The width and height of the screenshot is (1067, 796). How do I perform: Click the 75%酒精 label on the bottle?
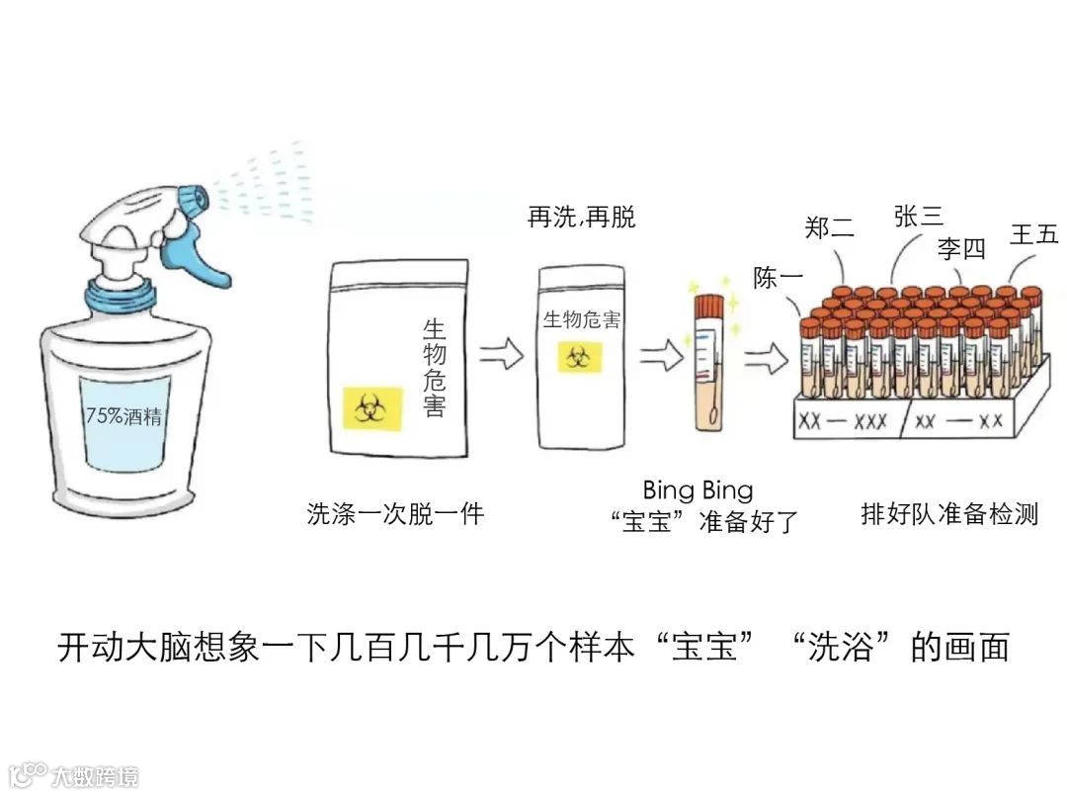click(123, 416)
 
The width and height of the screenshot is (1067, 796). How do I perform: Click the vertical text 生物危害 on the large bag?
click(434, 367)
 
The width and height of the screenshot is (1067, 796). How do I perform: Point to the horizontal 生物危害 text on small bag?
click(582, 320)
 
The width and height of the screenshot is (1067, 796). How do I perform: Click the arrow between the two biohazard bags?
click(501, 353)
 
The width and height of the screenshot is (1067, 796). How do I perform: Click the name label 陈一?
click(779, 278)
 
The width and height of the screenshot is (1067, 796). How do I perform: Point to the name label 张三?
click(918, 217)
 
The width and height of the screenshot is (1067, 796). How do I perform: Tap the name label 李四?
click(961, 248)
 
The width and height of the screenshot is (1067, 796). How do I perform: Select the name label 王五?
click(1033, 234)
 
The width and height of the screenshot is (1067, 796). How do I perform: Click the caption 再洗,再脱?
click(582, 218)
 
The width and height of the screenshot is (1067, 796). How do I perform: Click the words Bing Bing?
click(698, 489)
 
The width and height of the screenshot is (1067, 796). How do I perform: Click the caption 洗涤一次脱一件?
click(395, 514)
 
